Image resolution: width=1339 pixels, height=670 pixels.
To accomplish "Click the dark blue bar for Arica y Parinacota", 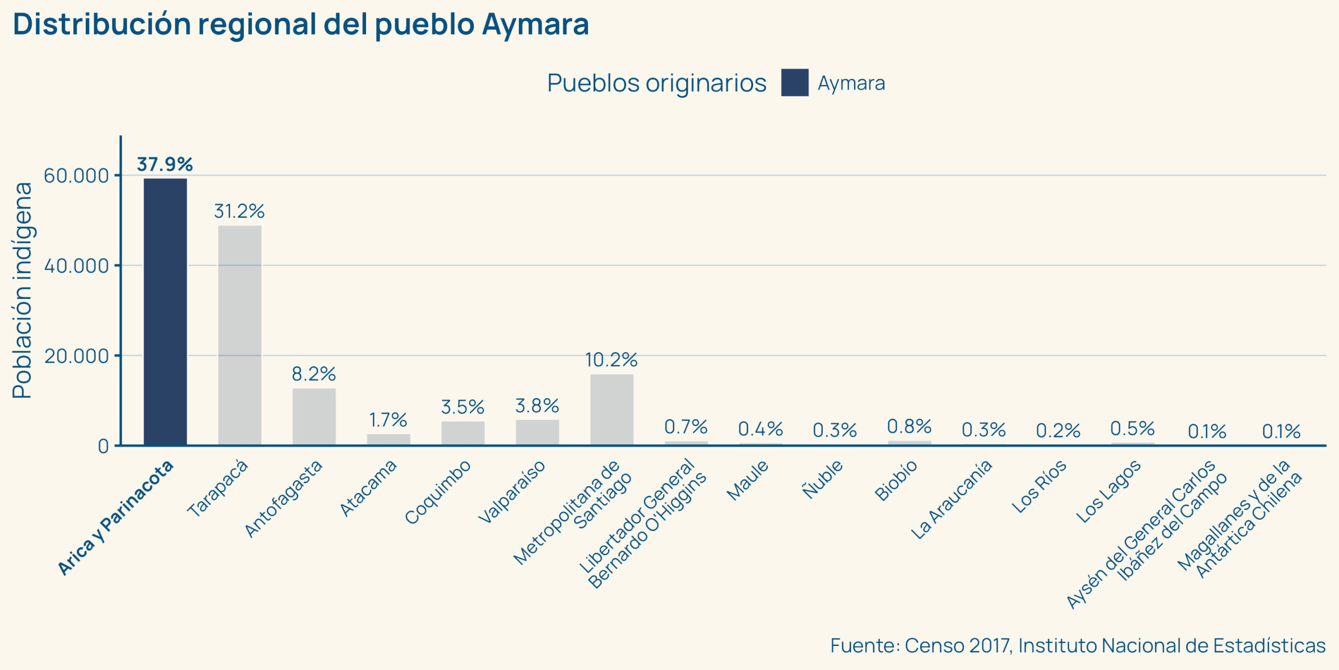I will coord(165,312).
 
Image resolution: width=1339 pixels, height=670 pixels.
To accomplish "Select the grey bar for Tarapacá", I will coord(240,336).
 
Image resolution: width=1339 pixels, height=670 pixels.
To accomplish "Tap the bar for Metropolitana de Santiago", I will coord(611,410).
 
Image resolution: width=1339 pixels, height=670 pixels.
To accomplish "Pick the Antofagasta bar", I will coord(314,417).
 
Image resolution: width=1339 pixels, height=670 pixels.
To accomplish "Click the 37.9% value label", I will coord(165,164).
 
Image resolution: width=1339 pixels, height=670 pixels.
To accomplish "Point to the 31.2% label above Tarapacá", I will coord(239,211).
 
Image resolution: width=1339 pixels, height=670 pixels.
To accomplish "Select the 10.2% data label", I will coord(611,360).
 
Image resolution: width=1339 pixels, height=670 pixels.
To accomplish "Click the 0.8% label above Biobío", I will coord(909,427).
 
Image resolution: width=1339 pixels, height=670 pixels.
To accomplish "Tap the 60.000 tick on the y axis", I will coord(76,176).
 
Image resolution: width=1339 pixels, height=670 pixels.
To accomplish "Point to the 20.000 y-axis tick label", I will coord(76,356).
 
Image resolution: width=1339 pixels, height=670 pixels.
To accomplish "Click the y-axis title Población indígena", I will coord(22,291).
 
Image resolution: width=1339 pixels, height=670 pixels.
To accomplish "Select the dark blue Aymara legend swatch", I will coord(795,83).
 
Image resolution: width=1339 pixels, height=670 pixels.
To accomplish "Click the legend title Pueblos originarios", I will coord(656,83).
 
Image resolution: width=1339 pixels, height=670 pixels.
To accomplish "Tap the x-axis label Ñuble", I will coord(823,479).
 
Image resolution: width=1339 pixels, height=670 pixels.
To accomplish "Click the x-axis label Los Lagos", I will coord(1108,492).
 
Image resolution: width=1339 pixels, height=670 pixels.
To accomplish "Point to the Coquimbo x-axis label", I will coord(438,492).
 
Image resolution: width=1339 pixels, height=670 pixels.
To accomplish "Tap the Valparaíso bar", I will coord(537,432).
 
